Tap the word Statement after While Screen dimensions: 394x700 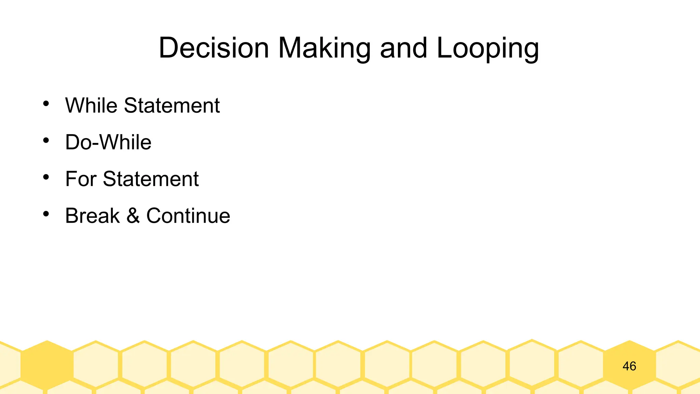172,105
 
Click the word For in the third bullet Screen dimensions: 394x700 81,179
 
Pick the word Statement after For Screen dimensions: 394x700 151,179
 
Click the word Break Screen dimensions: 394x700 93,216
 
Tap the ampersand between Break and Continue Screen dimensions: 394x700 133,216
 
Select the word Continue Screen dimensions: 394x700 188,216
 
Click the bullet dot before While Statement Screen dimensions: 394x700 46,103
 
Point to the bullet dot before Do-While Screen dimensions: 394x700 46,140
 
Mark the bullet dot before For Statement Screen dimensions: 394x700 46,177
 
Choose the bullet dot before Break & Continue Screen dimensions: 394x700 46,214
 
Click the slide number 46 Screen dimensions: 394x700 629,366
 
